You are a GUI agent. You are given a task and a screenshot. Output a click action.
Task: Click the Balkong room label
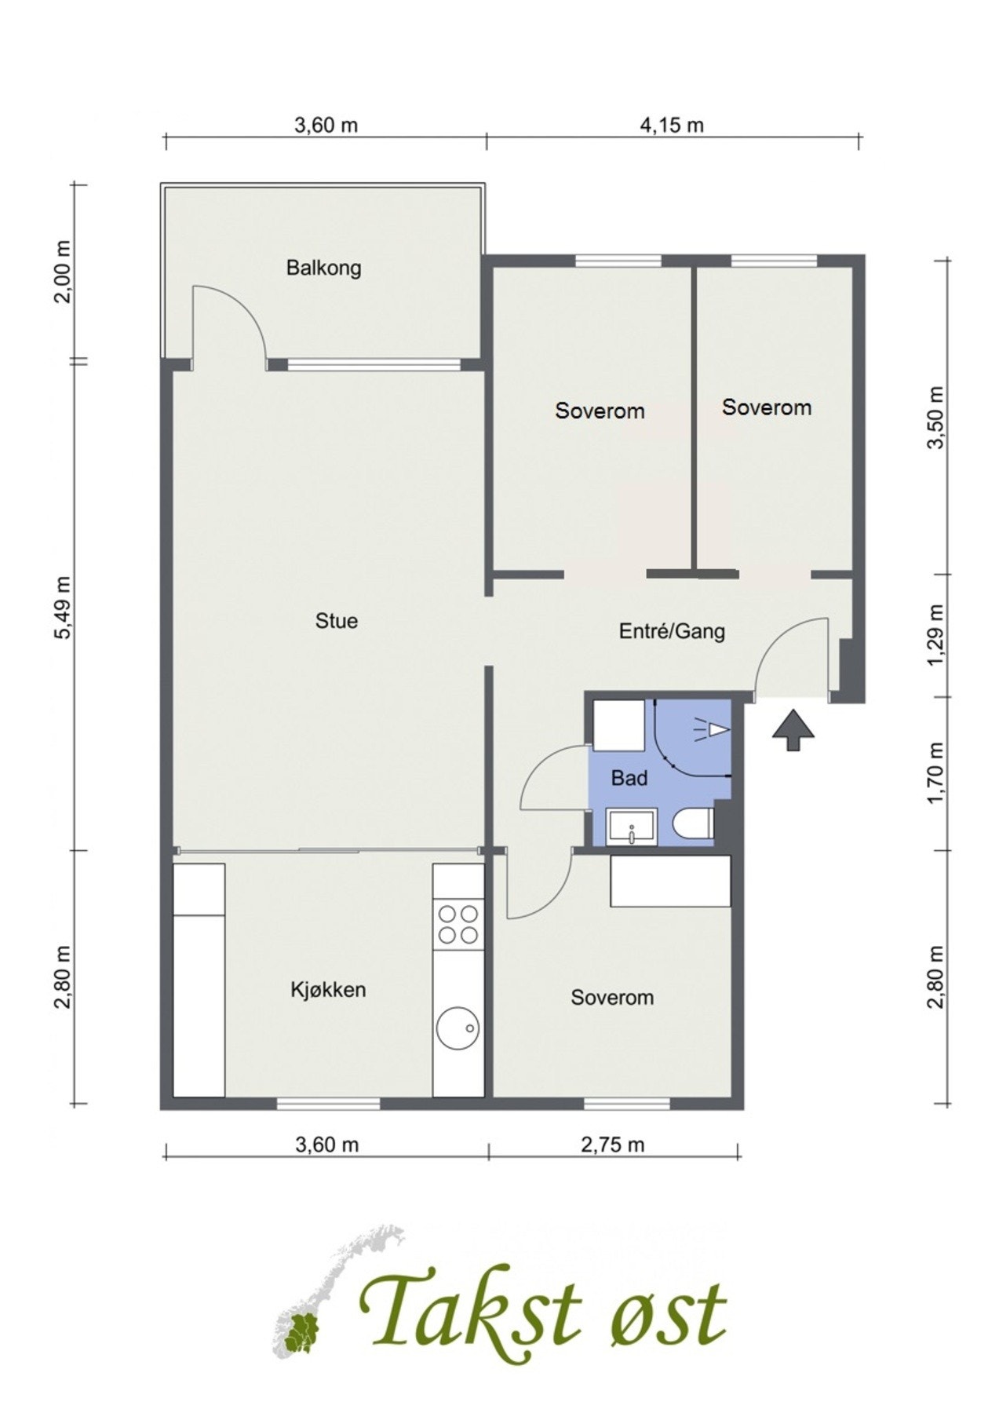323,268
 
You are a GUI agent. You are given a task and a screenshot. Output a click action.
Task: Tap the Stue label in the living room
336,621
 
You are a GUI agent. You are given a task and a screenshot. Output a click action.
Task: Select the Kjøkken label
328,990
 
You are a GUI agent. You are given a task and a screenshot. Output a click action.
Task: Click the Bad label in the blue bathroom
629,778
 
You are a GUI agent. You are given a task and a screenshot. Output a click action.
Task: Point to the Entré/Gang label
672,631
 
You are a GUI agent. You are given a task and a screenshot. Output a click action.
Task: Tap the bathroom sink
633,828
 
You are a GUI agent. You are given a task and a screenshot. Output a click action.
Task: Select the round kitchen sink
458,1028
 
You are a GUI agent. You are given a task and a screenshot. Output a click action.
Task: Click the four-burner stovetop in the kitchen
458,924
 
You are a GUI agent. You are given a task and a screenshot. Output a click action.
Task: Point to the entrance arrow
793,729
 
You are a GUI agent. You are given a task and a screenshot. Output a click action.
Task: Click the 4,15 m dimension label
672,125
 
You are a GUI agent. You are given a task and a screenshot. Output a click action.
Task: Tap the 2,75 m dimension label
612,1145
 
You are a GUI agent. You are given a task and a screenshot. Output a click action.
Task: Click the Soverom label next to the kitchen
612,998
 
